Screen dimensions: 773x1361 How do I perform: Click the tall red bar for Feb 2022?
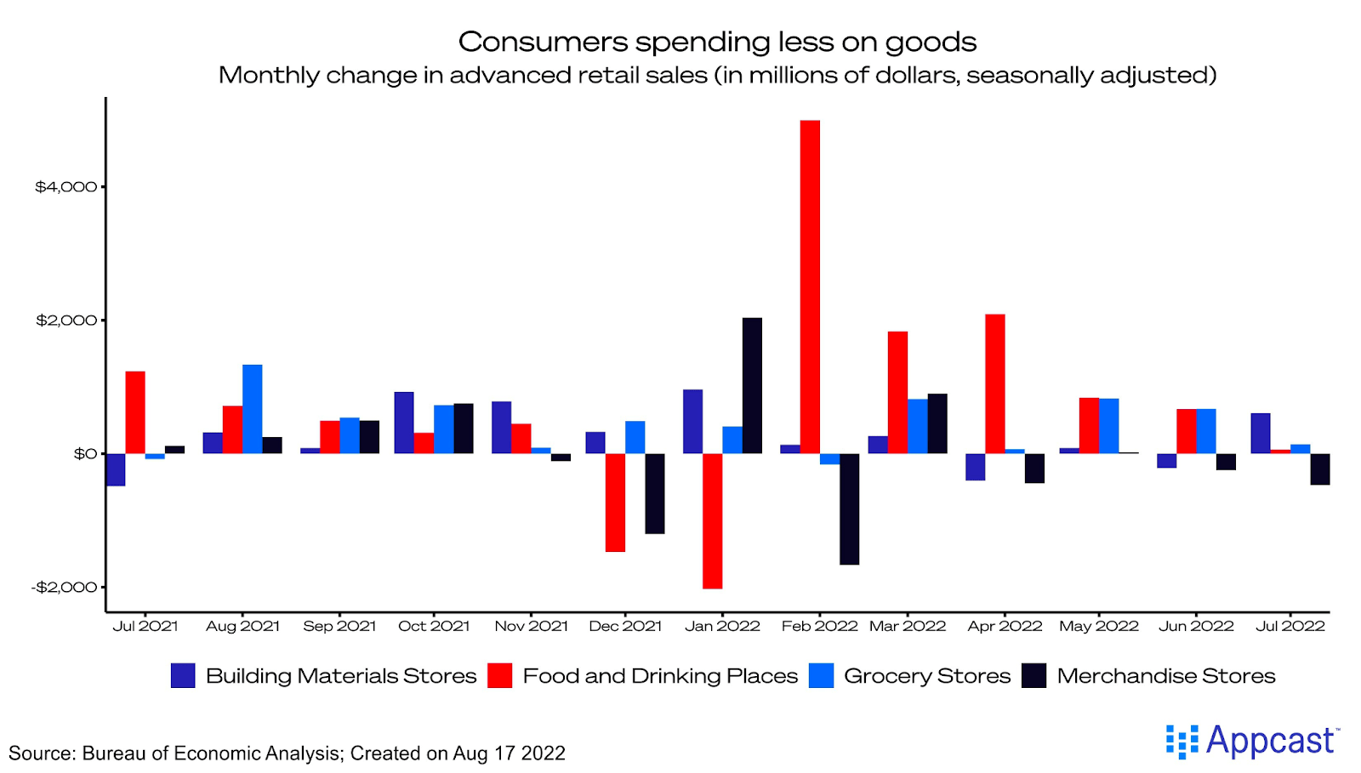[810, 287]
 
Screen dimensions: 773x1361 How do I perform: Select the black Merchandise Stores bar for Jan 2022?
[752, 385]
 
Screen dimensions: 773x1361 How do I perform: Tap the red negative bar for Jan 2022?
[712, 520]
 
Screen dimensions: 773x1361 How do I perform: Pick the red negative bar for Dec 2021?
[615, 503]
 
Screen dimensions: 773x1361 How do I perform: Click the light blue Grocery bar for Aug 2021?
[252, 409]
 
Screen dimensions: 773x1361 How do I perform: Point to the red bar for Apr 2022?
[995, 384]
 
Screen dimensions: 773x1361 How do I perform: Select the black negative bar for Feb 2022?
[849, 509]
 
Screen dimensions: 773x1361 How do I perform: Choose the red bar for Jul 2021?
[135, 412]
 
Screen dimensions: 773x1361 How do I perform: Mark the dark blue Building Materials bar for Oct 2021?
[404, 423]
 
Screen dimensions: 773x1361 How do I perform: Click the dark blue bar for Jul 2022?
[1261, 433]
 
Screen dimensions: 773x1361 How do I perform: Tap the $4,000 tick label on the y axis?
[65, 187]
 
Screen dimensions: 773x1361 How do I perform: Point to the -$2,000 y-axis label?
[64, 588]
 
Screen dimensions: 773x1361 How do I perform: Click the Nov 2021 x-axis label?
[531, 627]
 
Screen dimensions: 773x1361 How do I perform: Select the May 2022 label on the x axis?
[1098, 627]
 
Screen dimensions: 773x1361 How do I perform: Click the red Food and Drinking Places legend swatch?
[500, 676]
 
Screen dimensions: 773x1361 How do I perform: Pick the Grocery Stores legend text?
[927, 676]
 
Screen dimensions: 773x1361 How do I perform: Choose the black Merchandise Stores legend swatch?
[1034, 676]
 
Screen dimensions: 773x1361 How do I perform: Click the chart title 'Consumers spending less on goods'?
[717, 42]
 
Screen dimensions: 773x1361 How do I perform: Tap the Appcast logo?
[1252, 742]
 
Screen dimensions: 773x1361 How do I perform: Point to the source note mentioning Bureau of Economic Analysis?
[287, 753]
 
